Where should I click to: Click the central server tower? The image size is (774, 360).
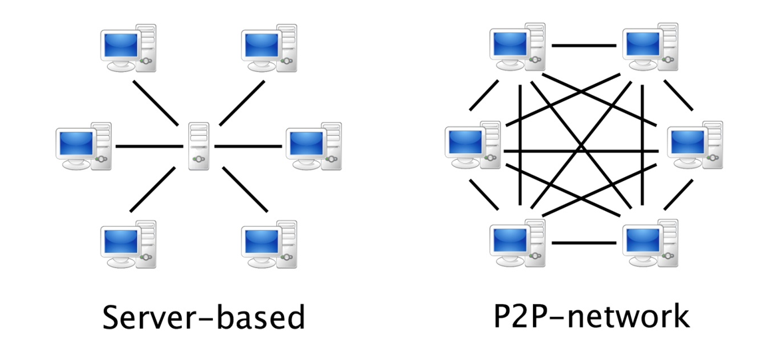[x=198, y=146]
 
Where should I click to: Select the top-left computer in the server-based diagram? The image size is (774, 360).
[x=127, y=48]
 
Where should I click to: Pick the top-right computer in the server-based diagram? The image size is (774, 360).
[x=268, y=48]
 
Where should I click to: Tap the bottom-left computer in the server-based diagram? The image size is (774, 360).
[x=127, y=244]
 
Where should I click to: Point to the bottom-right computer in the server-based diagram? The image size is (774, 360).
[x=268, y=244]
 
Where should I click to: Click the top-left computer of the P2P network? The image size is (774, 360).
[x=516, y=47]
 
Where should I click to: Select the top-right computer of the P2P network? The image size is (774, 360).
[x=650, y=47]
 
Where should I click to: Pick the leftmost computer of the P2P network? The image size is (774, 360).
[x=472, y=145]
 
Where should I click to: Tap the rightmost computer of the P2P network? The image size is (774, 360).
[x=695, y=145]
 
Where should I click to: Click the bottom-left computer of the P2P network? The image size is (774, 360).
[x=516, y=243]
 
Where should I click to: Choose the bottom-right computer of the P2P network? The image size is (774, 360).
[x=650, y=243]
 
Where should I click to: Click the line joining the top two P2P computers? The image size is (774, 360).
[x=584, y=46]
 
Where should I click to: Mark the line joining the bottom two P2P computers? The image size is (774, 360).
[x=584, y=242]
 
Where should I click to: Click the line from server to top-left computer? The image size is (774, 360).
[x=156, y=103]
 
